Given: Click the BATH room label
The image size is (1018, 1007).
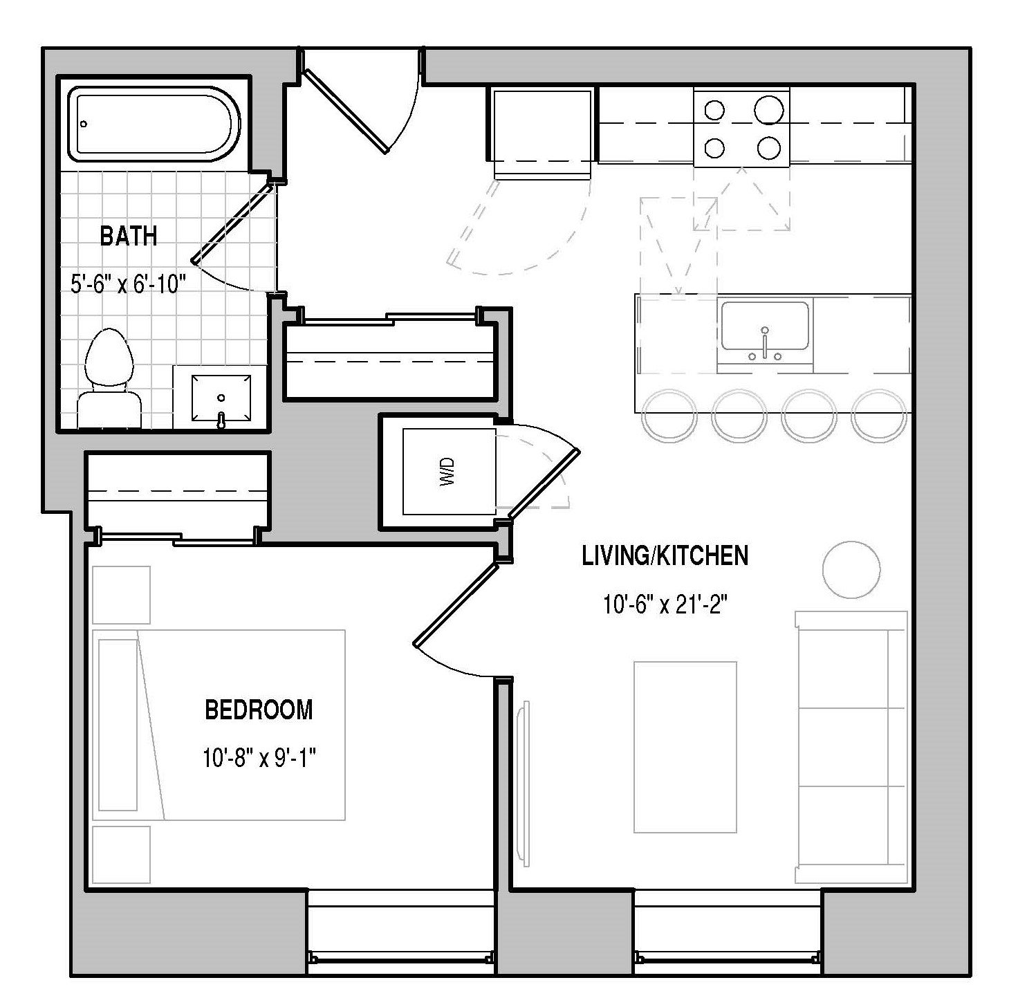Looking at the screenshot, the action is click(x=129, y=236).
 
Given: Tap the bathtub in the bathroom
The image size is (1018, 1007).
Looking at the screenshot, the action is click(x=154, y=124).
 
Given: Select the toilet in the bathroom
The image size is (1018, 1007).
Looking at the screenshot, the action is click(x=109, y=378).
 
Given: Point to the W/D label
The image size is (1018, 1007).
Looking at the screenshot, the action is click(x=447, y=471).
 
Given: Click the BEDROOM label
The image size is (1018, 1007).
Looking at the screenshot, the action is click(x=259, y=710).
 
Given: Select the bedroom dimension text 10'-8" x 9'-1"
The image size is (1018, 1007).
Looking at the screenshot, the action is click(x=259, y=759).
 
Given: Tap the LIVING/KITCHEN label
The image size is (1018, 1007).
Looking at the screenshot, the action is click(x=665, y=556).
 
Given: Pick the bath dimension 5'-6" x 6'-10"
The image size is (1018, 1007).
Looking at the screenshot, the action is click(x=129, y=284).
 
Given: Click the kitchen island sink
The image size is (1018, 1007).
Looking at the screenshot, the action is click(x=765, y=326).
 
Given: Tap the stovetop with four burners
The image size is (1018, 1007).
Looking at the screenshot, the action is click(x=741, y=129).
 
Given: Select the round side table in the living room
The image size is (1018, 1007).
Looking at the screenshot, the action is click(x=851, y=569).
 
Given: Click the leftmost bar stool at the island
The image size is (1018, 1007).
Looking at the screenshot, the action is click(x=669, y=416).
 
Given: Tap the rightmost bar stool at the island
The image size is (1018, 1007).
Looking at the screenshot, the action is click(x=879, y=416).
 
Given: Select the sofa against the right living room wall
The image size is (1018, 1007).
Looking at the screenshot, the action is click(x=851, y=747).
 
